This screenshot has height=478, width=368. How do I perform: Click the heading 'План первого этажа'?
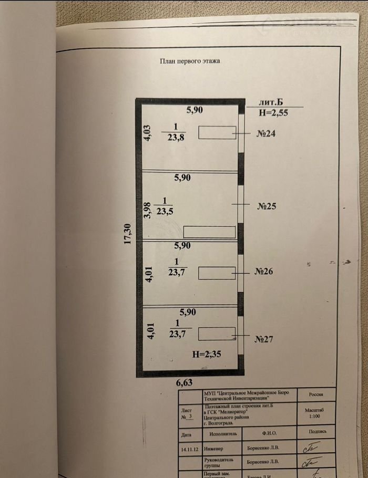pos(190,61)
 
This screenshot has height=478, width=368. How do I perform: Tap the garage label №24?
pos(266,133)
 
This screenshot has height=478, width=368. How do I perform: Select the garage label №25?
pos(267,206)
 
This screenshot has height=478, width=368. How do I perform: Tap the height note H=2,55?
pos(274,112)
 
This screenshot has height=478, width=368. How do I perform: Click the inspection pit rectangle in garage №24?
pos(217,133)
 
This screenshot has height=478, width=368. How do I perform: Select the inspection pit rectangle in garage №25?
pos(209,232)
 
